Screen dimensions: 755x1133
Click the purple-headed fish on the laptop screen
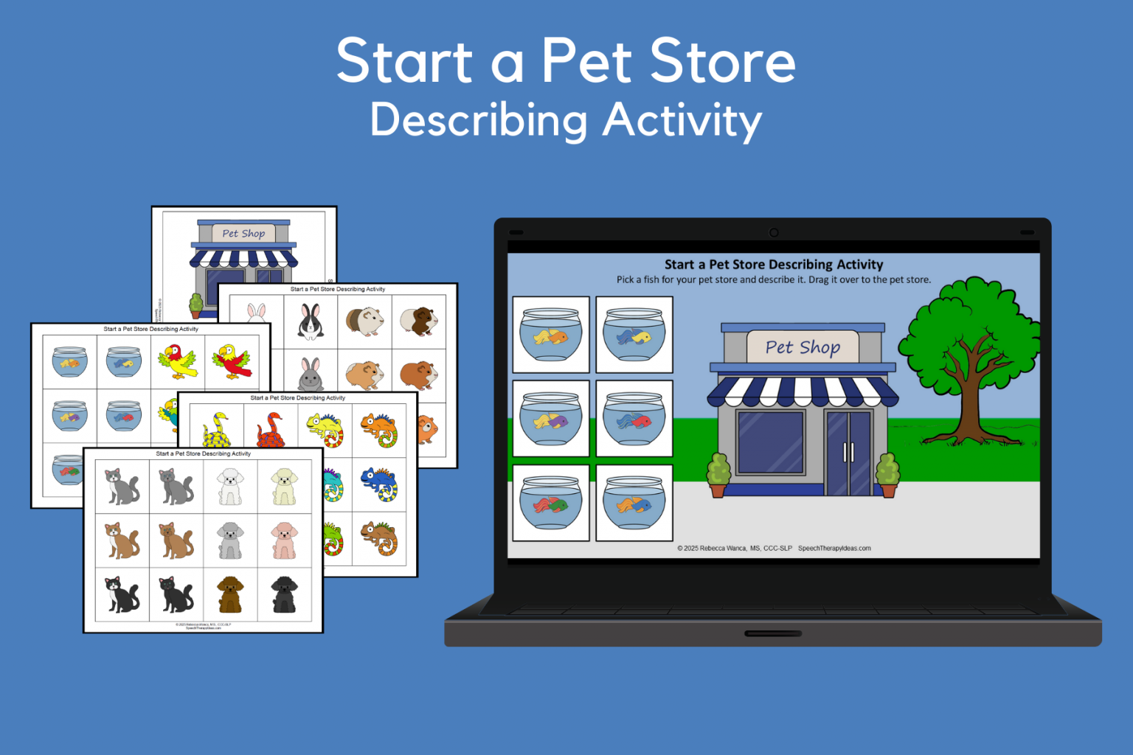551,421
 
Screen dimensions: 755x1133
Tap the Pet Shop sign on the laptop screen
803,347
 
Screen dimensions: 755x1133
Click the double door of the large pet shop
848,452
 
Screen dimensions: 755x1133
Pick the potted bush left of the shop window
718,473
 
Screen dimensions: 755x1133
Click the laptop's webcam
774,232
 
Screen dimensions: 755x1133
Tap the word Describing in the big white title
479,120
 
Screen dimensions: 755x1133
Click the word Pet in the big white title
586,60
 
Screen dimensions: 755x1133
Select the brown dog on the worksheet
230,594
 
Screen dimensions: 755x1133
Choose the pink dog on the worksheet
284,540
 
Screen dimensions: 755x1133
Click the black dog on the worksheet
284,594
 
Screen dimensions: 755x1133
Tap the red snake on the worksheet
271,430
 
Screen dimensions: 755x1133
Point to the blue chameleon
379,484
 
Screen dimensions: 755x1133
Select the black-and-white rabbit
311,321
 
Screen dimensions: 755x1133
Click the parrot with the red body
232,361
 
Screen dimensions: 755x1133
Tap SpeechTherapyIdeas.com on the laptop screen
834,548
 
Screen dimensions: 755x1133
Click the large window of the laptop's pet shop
770,442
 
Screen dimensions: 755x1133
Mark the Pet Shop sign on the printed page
243,234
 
